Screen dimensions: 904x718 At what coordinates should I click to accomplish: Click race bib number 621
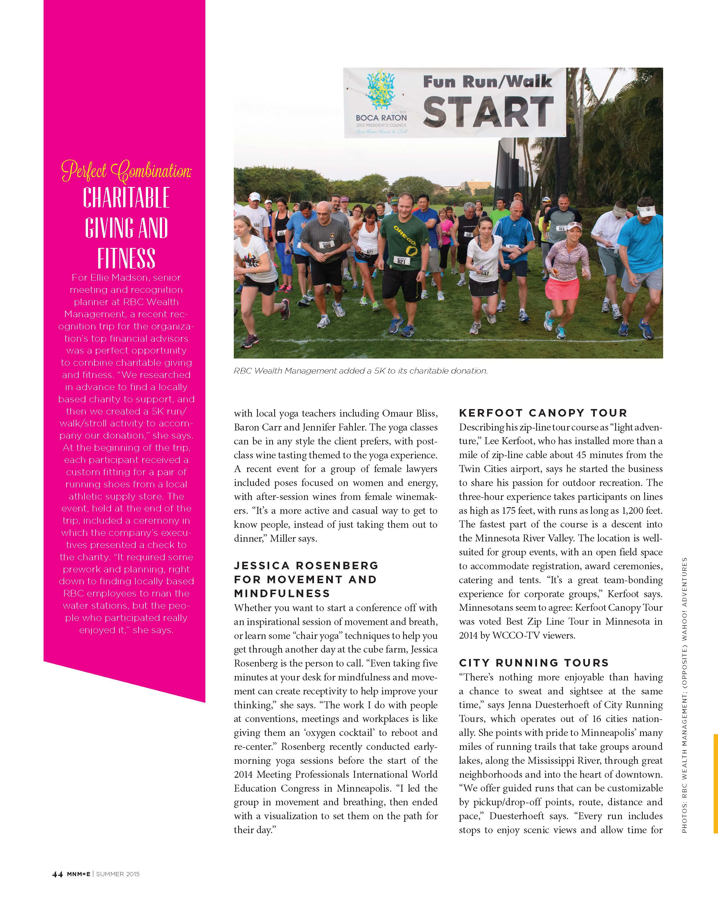tap(401, 261)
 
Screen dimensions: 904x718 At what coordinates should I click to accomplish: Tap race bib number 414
tap(561, 228)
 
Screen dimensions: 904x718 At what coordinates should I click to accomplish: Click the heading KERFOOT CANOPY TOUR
tap(543, 413)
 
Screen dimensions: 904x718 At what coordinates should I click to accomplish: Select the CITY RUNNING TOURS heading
tap(534, 663)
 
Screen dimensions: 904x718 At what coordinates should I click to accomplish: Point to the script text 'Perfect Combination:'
tap(126, 171)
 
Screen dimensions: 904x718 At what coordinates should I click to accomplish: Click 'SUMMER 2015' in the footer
tap(118, 874)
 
